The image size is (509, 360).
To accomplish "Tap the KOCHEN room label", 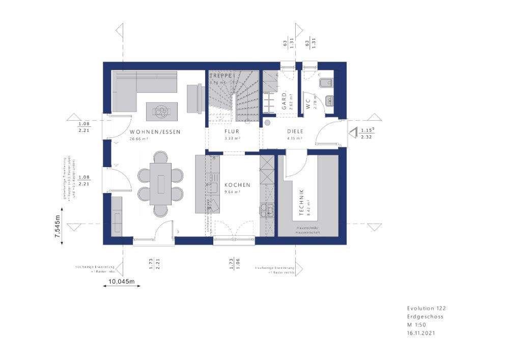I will point(237,185).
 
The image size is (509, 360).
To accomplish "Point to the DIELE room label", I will point(295,131).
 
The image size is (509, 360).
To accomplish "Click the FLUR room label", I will point(232,131).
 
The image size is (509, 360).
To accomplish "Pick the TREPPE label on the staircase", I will point(221,75).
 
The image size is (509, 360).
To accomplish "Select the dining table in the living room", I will point(160,182).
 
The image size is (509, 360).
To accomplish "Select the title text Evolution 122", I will point(426,308).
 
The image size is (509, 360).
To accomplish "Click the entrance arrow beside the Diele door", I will point(352,134).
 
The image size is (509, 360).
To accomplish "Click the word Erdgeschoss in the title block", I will point(425,316).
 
